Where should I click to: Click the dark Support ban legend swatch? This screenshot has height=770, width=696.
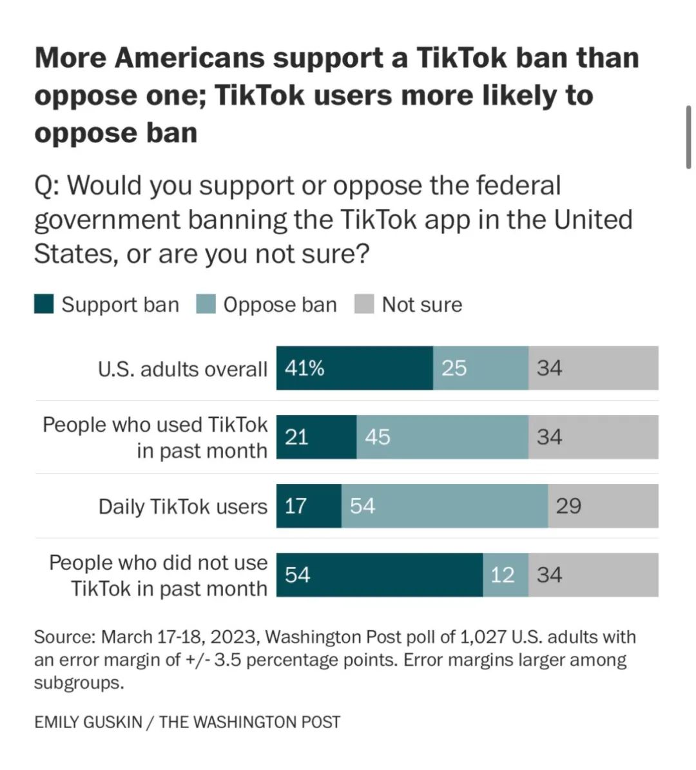44,304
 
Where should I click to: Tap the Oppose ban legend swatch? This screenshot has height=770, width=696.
206,304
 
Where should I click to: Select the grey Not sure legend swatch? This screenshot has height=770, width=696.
364,304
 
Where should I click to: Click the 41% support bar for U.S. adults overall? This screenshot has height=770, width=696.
354,368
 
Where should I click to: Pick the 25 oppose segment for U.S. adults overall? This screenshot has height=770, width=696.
481,368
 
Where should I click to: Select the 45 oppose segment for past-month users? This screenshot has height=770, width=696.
442,437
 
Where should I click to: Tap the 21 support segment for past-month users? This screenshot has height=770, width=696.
316,437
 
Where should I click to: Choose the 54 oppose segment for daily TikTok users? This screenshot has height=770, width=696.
445,506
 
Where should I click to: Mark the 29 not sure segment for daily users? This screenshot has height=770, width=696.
603,506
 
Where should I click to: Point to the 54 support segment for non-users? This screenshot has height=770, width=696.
380,574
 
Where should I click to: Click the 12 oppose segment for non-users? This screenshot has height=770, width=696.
506,574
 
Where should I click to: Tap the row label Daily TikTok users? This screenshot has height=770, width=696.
182,506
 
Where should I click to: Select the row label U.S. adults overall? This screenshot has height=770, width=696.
182,369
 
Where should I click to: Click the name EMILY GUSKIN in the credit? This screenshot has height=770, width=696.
88,722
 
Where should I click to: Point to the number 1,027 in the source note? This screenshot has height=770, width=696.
483,637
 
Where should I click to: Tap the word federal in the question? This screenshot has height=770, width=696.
518,186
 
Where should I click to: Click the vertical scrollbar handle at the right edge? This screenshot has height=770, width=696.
688,137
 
